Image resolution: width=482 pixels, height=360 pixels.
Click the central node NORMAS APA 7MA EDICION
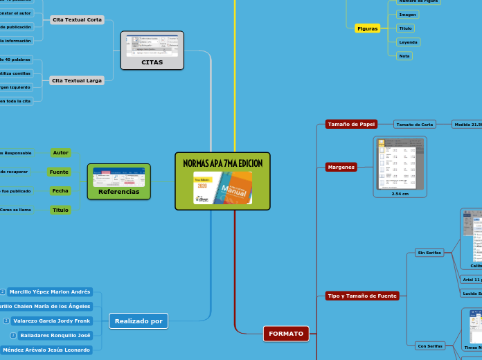222,163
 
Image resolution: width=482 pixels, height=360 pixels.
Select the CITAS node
152,62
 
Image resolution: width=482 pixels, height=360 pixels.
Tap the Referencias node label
118,192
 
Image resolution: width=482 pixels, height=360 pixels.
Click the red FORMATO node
286,334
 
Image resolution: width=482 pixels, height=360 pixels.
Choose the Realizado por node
139,321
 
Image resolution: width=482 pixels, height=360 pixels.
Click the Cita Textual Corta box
77,20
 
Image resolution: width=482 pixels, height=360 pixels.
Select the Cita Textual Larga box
77,81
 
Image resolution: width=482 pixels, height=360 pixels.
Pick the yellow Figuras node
367,28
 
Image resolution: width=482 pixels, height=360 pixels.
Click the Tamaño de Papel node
351,125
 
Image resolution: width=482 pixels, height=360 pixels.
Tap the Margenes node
341,167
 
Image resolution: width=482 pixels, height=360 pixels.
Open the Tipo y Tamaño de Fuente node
362,296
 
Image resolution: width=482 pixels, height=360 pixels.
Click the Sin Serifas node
429,253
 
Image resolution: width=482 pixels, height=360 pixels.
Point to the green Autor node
61,152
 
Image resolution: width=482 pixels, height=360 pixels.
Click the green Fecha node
60,190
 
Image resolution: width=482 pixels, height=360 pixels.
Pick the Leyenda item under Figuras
408,42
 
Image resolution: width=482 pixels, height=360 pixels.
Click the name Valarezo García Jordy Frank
52,321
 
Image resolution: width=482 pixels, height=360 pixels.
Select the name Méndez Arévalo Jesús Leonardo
46,350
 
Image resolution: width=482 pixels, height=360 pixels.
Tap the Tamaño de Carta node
414,125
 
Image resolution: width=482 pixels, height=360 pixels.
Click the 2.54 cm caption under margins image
400,194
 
